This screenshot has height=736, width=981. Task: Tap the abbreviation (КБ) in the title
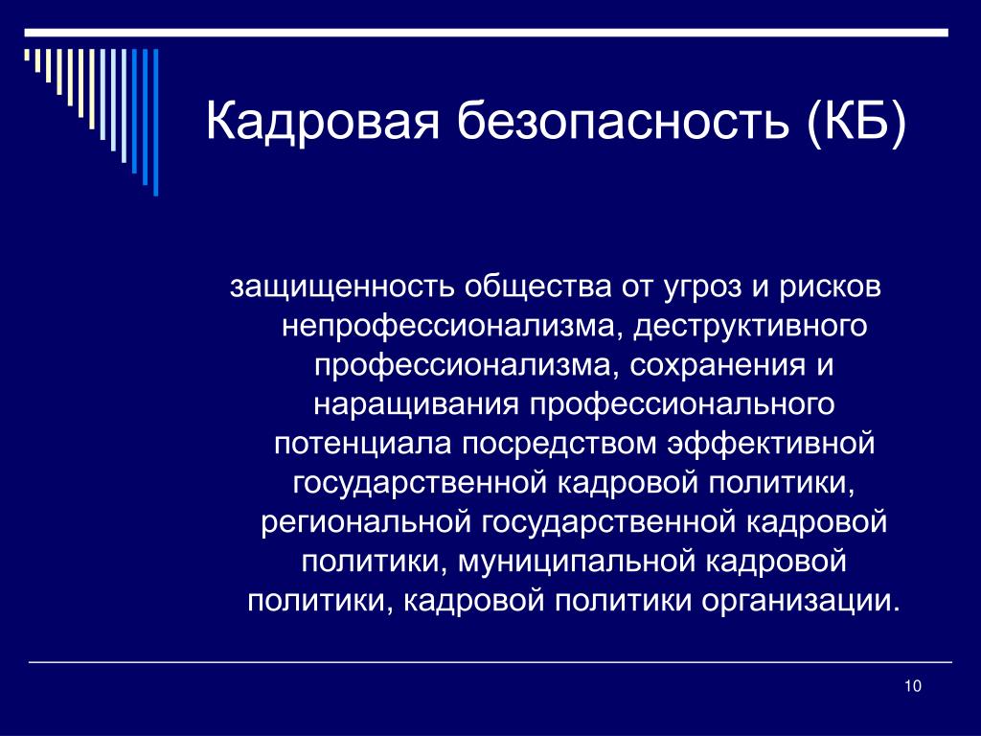856,121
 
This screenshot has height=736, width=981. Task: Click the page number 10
913,686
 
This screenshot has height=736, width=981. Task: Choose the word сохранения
717,366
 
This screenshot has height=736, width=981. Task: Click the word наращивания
416,405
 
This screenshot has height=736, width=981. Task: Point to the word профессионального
682,405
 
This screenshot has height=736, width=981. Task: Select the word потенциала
362,445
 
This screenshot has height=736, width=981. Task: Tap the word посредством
559,444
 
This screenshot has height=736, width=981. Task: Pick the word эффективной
771,444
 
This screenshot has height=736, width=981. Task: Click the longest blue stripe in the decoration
156,122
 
